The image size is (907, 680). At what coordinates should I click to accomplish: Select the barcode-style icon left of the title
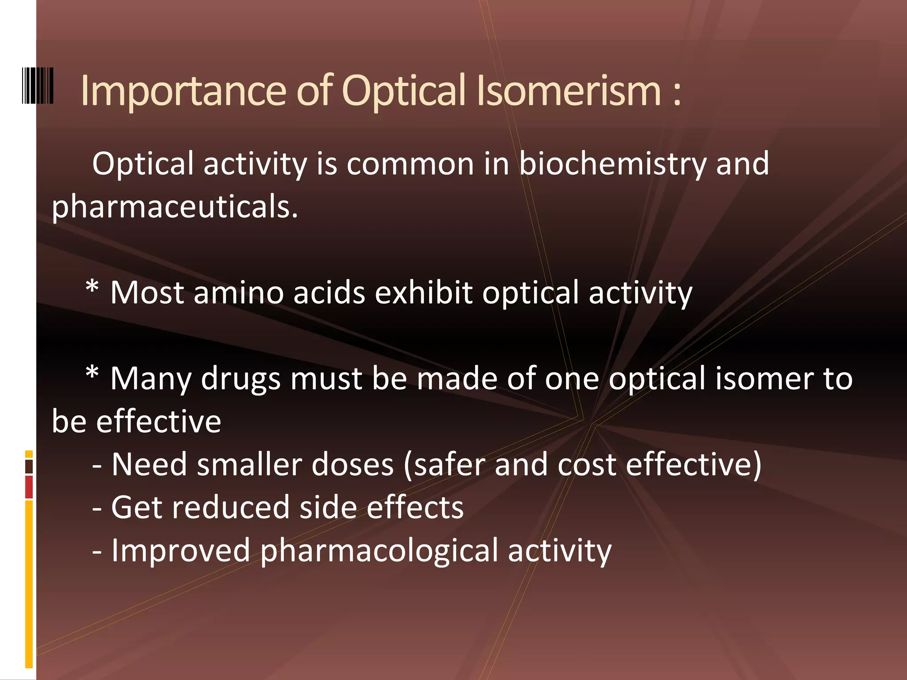[38, 85]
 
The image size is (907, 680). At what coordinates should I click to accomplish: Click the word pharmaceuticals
[175, 207]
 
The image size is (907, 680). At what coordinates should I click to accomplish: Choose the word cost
[587, 465]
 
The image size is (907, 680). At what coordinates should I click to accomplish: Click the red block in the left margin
[29, 487]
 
